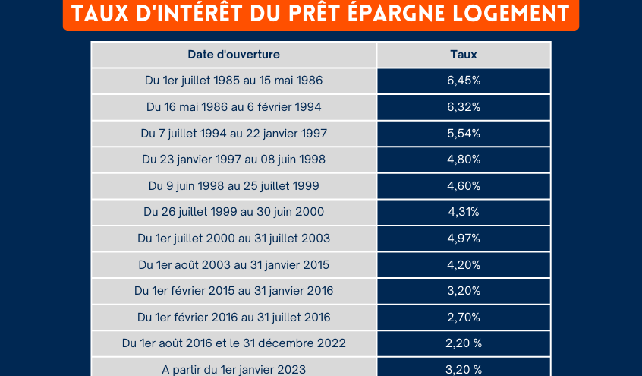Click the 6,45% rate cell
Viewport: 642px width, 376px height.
[463, 81]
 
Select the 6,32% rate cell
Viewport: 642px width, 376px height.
[463, 107]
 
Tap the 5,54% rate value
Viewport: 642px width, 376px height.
[463, 134]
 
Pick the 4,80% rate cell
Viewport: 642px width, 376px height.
[463, 160]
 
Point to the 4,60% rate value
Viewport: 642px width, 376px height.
[463, 186]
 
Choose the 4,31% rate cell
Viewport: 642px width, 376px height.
[463, 212]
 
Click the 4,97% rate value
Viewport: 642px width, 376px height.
[463, 239]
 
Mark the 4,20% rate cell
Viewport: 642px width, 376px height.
[463, 265]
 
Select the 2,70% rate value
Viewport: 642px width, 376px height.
[463, 318]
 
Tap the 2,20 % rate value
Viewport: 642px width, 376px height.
[463, 343]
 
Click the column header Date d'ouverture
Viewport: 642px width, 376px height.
[234, 55]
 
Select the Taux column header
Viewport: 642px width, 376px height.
[463, 55]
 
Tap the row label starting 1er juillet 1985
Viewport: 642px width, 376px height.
[234, 81]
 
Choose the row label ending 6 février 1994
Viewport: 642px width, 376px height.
[234, 107]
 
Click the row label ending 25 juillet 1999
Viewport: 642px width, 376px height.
[234, 186]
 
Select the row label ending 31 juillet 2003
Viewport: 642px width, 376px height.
[234, 239]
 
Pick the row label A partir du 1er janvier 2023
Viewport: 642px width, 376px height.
[234, 370]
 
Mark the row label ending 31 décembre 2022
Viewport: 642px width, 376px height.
[234, 343]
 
